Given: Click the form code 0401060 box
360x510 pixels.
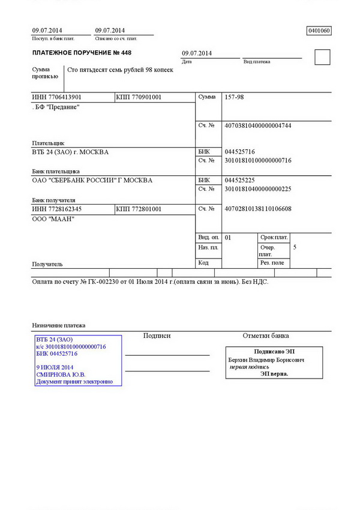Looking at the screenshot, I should pos(319,31).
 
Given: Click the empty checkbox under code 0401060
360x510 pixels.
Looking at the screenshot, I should pos(322,57).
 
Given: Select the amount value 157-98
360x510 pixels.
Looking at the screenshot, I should pos(234,97).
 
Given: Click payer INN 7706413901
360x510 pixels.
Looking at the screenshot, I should pos(57,97).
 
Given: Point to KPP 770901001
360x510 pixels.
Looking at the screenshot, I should pos(139,97).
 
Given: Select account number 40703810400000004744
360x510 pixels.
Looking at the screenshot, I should pos(257,126).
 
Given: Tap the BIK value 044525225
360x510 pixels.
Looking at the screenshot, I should pos(239,180).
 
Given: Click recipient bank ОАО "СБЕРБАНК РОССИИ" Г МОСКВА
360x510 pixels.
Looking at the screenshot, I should pos(92,180).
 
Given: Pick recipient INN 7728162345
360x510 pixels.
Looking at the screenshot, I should pos(57,209).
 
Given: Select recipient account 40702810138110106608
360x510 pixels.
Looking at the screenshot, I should pos(257,209).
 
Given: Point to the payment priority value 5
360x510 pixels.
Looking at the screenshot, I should pos(295,247).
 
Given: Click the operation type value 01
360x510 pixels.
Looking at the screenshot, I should pos(228,238).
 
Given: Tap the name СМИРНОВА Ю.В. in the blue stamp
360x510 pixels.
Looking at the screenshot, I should pos(61,374).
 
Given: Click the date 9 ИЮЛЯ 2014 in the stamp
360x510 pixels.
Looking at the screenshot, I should pos(55,367).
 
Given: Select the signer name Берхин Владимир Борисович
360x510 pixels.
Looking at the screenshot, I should pos(266,360).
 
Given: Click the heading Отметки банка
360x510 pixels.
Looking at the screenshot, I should pos(265,336).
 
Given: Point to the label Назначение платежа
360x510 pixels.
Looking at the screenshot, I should pos(59,325).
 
